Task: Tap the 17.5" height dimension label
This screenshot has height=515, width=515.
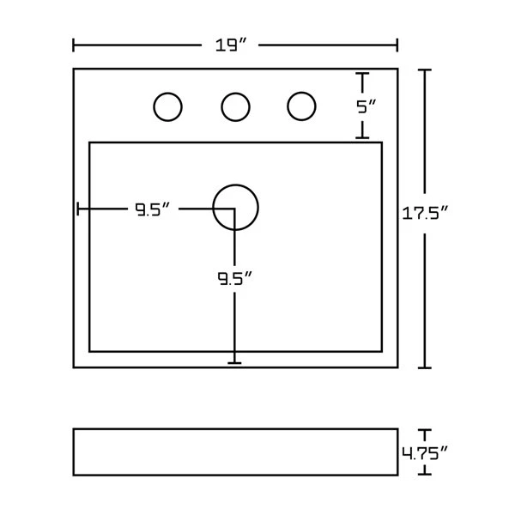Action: point(427,213)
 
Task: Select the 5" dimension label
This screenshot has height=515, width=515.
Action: point(367,107)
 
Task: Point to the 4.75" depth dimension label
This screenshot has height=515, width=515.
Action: point(427,452)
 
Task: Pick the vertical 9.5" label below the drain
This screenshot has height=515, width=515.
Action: point(233,278)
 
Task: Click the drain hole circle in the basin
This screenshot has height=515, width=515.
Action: point(235,208)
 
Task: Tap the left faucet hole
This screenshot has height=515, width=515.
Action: point(167,107)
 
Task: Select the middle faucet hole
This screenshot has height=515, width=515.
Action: point(235,107)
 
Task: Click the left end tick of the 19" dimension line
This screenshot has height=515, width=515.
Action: point(74,45)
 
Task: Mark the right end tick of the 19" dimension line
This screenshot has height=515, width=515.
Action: point(397,45)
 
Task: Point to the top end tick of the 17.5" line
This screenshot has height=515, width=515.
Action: point(424,70)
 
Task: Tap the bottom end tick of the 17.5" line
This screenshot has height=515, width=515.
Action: point(424,367)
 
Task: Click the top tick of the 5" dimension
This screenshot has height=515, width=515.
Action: point(362,75)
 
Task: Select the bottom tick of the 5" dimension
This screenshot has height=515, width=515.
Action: point(362,137)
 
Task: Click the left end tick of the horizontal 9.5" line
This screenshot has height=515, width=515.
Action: point(78,209)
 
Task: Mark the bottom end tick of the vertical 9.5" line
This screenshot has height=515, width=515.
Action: point(235,363)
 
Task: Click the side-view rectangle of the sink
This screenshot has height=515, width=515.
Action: point(235,451)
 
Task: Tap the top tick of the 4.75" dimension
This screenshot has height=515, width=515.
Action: point(424,431)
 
